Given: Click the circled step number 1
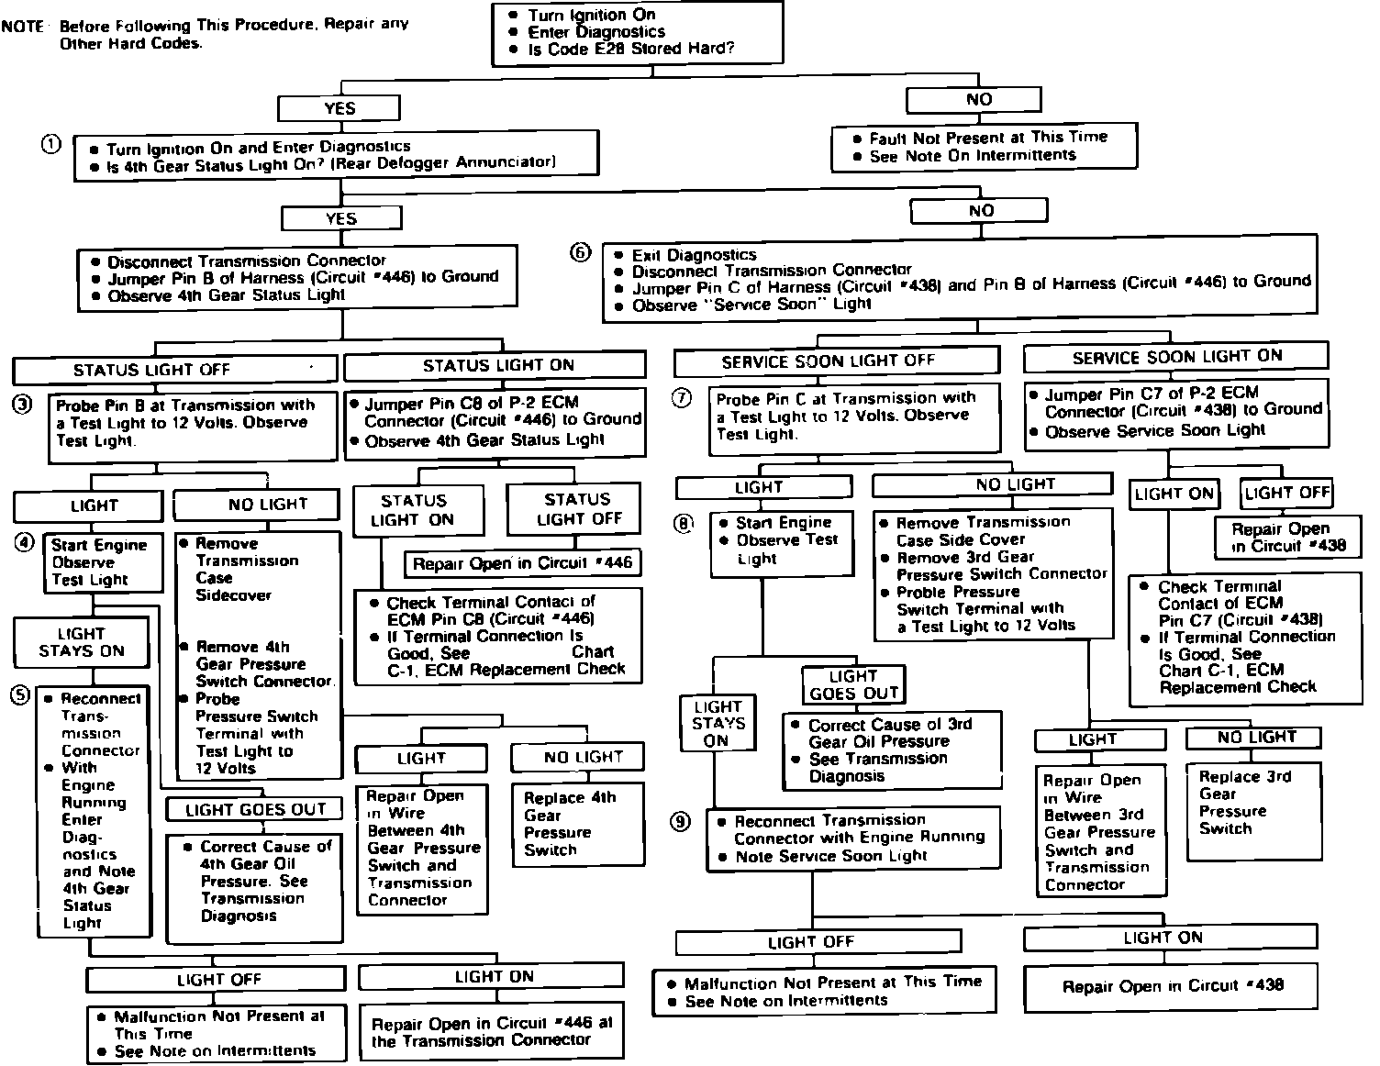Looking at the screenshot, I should click(x=51, y=144).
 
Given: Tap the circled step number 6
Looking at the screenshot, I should click(x=581, y=252).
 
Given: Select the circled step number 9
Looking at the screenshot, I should click(x=680, y=822).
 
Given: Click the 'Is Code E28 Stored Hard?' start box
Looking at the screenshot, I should click(x=638, y=33).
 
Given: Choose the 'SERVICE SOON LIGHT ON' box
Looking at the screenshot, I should click(x=1175, y=357).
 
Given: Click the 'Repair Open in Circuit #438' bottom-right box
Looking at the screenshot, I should click(x=1172, y=986).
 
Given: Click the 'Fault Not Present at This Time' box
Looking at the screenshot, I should click(x=984, y=147).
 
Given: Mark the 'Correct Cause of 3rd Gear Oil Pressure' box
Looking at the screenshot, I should click(x=891, y=750).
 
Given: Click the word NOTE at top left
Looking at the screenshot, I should click(x=23, y=26).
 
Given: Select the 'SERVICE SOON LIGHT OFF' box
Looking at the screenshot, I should click(x=836, y=361).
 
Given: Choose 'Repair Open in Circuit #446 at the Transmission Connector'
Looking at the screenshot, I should click(x=491, y=1031).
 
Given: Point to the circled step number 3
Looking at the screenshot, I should click(x=23, y=403).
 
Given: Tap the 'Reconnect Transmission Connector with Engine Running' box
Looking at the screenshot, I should click(x=853, y=838).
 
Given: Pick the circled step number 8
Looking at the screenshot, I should click(x=684, y=524).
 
